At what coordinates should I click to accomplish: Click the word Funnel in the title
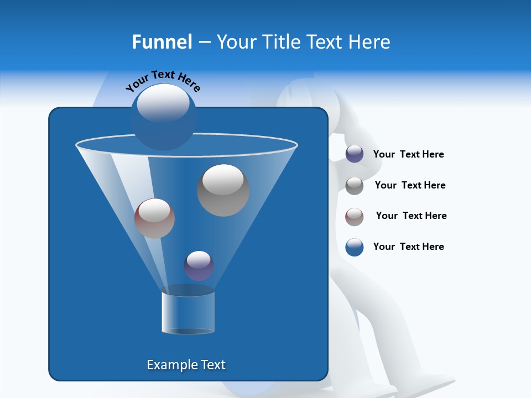click(162, 42)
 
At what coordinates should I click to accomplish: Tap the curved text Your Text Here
click(163, 81)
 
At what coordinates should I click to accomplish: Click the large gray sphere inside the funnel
click(223, 190)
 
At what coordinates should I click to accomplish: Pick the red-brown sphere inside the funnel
click(154, 218)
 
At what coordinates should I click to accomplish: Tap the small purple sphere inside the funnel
click(199, 266)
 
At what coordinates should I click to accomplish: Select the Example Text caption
click(186, 365)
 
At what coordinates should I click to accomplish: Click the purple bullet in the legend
click(355, 154)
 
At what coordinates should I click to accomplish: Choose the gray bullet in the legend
click(355, 186)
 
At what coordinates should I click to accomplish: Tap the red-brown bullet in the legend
click(355, 217)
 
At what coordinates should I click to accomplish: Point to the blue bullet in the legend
click(355, 247)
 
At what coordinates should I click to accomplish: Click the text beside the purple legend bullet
click(408, 154)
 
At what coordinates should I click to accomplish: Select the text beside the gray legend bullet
click(410, 185)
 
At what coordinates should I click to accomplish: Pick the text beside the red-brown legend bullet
click(411, 216)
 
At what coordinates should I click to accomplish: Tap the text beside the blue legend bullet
click(408, 247)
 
